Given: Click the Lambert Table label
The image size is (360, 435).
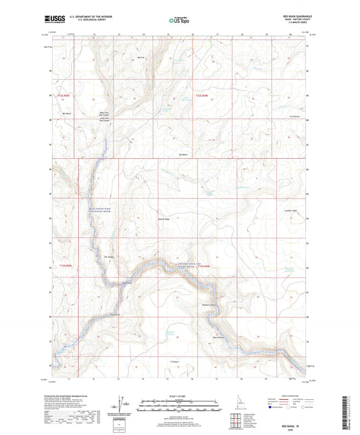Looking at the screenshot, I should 292,212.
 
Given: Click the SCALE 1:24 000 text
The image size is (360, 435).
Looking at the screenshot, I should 180,396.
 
